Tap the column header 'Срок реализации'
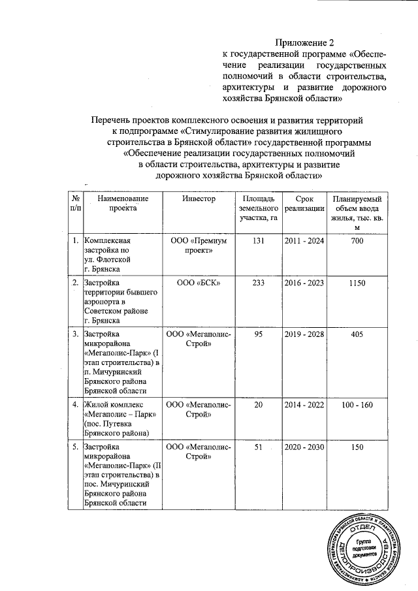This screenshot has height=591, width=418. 303,203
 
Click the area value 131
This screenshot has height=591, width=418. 257,241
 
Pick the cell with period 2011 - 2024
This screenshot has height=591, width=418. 303,241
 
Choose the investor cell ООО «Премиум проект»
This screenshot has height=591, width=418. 199,246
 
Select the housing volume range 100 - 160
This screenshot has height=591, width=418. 357,405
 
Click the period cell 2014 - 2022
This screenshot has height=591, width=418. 303,405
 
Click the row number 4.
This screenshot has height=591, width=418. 75,405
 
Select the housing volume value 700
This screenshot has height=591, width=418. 357,241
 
